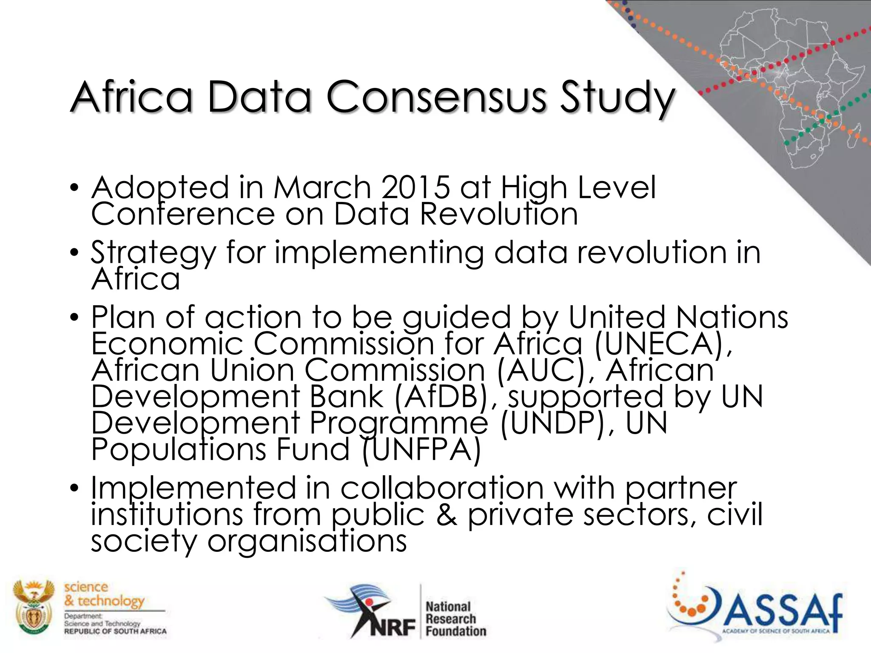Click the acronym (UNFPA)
click(421, 449)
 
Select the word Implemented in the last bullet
click(193, 489)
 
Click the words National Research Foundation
click(455, 619)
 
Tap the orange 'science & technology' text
click(104, 594)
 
